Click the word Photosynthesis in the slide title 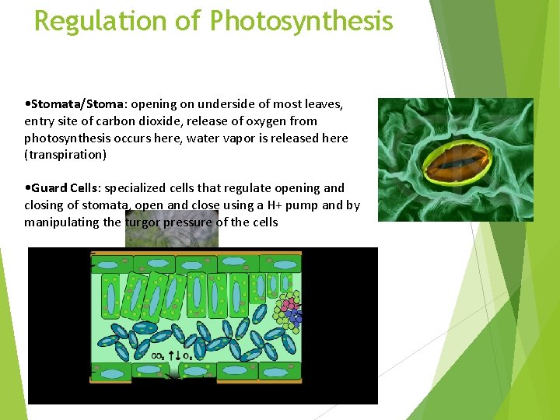click(x=301, y=21)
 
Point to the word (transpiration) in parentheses click(x=65, y=155)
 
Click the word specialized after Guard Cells click(x=135, y=188)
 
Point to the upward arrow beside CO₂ click(x=170, y=355)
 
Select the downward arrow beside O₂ click(x=178, y=355)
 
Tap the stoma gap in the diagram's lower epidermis click(x=173, y=376)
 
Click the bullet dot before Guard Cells click(x=27, y=188)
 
